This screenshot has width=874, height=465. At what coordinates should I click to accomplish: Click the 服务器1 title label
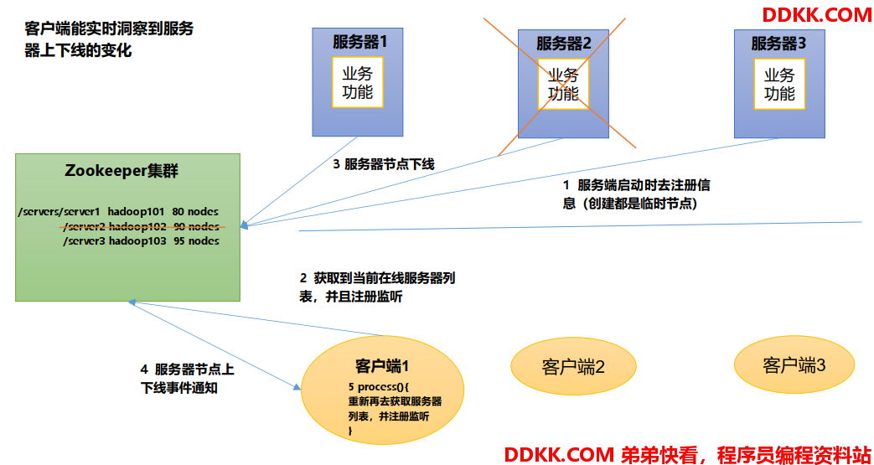[359, 43]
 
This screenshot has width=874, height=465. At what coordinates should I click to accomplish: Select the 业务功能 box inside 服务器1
[358, 82]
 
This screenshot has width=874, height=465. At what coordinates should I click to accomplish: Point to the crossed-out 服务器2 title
[563, 44]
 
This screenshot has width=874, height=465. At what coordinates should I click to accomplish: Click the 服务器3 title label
[778, 43]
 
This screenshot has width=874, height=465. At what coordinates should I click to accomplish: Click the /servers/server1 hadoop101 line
[118, 213]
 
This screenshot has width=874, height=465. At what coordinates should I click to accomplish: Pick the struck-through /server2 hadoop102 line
[142, 227]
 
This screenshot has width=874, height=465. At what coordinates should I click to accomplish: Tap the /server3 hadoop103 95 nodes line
[141, 241]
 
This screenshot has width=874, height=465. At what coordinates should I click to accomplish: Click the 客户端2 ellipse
[573, 366]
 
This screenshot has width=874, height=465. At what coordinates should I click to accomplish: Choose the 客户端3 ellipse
[794, 365]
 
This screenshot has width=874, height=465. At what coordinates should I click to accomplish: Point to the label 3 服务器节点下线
[384, 164]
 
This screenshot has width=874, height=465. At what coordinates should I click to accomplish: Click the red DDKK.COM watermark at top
[816, 15]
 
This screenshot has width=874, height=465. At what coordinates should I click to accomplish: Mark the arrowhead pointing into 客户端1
[296, 386]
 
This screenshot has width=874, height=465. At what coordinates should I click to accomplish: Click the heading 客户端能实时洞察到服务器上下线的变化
[110, 39]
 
